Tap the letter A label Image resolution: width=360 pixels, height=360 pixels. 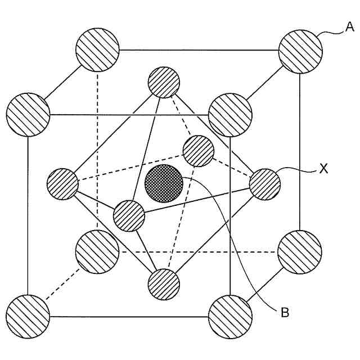[x=349, y=26]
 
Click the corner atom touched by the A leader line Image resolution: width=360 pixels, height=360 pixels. [x=301, y=50]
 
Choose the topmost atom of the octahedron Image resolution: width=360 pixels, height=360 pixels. [x=164, y=82]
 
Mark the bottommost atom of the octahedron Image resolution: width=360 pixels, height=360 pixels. [x=164, y=284]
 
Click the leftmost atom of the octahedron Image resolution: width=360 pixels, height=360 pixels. [x=62, y=183]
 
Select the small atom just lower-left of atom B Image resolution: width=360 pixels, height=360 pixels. [x=129, y=215]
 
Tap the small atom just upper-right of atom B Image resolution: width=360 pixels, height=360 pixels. [x=199, y=151]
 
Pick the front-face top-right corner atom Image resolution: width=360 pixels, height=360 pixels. [x=230, y=115]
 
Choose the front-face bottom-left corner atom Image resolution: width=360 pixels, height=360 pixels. [x=28, y=314]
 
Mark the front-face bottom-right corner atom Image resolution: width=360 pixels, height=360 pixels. [x=230, y=316]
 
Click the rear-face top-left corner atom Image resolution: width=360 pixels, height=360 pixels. [x=97, y=49]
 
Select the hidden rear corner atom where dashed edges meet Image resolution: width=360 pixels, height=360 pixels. [x=97, y=251]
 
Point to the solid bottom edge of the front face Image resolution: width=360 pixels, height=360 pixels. [x=129, y=316]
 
